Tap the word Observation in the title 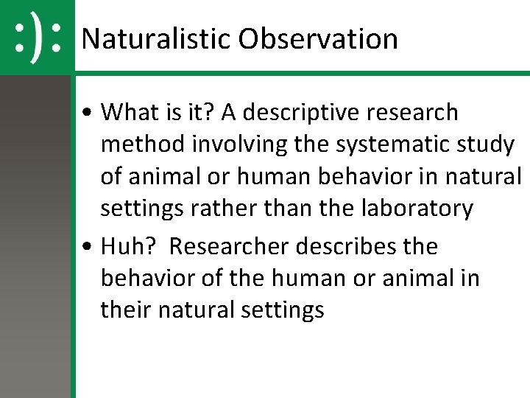[x=317, y=39]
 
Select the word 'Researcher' [x=230, y=246]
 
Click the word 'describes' [x=345, y=246]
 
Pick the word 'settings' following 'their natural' [x=283, y=310]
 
